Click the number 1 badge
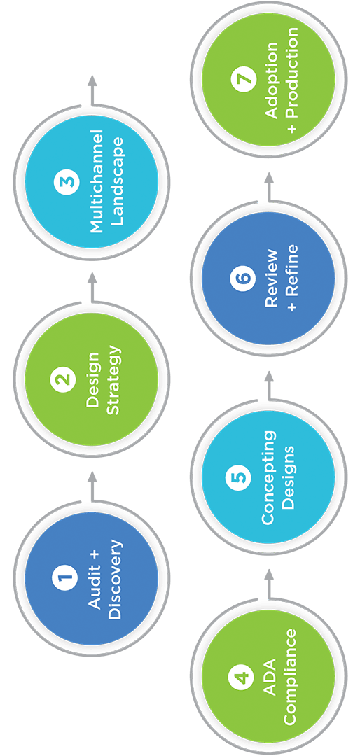(64, 577)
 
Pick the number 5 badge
(240, 477)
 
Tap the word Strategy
(115, 379)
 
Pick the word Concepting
(270, 477)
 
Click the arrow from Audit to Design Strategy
(91, 486)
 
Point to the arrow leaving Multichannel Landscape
(91, 90)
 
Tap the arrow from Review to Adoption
(269, 186)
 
